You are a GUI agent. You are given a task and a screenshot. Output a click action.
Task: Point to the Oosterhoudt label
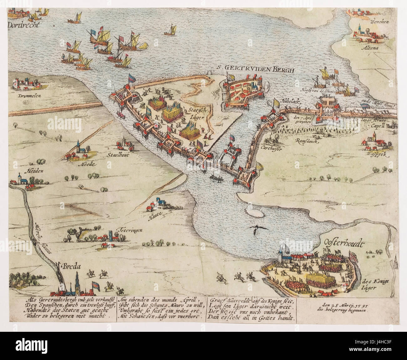[x=343, y=243]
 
